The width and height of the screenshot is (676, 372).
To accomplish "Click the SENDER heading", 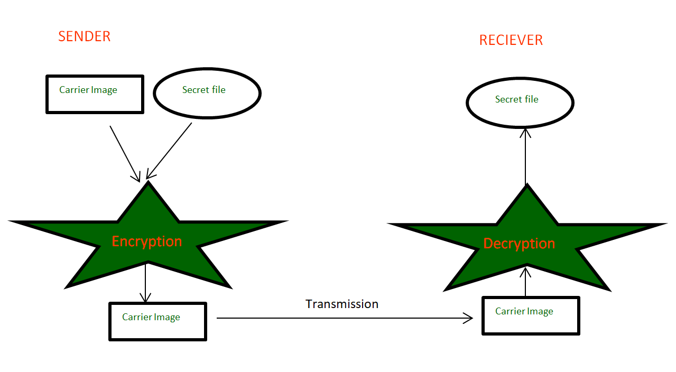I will [x=85, y=36].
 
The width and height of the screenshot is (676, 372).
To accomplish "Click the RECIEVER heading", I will [x=511, y=40].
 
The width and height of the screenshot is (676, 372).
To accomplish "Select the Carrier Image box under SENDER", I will [x=95, y=94].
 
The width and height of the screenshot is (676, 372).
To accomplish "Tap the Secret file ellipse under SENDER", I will [x=207, y=92].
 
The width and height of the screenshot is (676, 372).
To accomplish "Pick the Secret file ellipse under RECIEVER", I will [x=520, y=102].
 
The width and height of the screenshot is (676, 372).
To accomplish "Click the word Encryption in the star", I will [x=147, y=241].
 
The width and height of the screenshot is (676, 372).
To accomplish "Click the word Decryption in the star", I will [x=519, y=244].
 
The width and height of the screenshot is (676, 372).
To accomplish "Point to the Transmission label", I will [x=342, y=304].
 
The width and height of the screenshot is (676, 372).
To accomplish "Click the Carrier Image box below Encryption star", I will [x=157, y=321].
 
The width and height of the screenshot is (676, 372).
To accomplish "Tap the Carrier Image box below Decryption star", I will [x=531, y=315].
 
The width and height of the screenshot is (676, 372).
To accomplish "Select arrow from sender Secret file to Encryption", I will [x=169, y=151].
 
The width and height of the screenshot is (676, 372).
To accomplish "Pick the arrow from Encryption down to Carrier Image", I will [x=145, y=283].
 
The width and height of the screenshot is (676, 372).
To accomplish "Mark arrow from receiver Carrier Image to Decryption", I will [x=525, y=283].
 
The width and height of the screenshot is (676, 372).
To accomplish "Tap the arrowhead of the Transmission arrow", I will [x=468, y=318].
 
